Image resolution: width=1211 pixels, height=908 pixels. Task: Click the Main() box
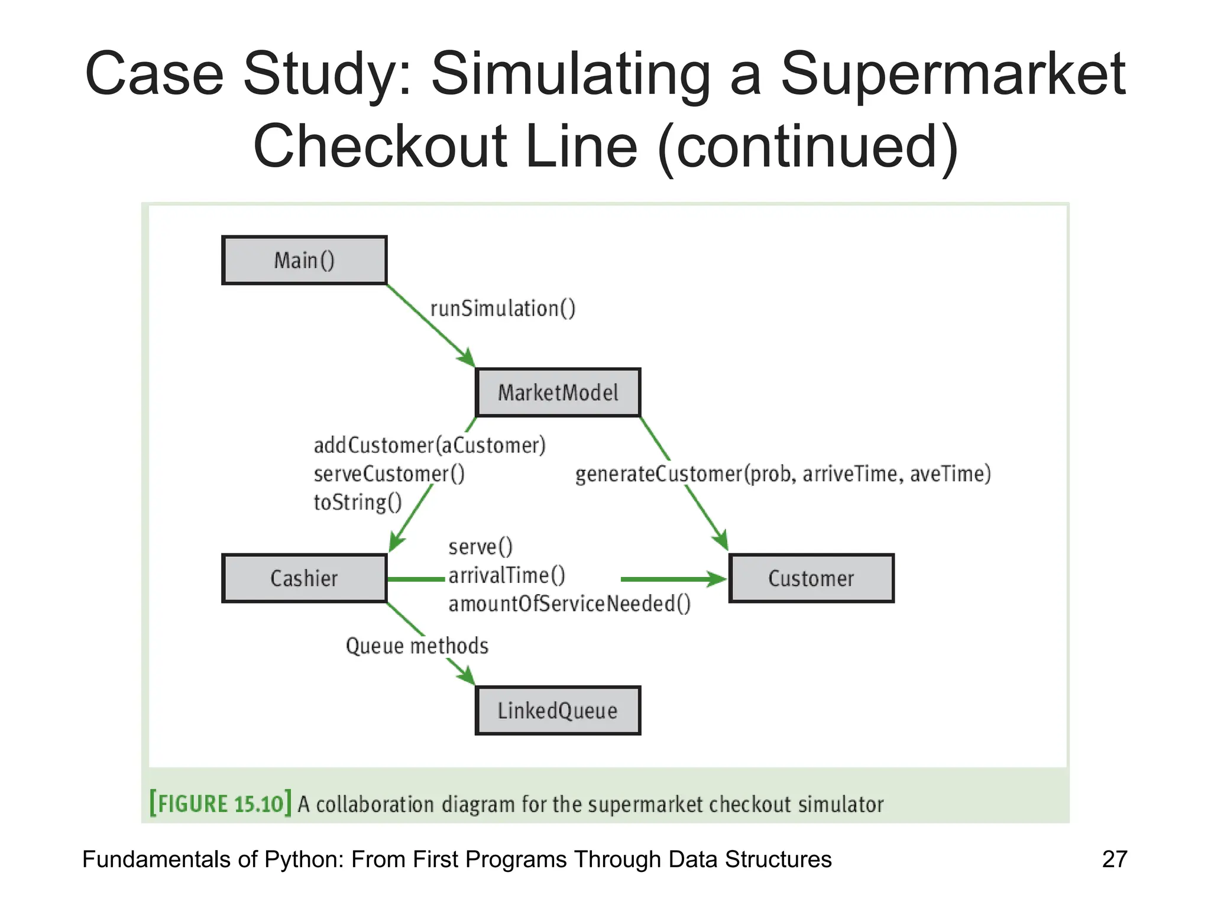(x=304, y=260)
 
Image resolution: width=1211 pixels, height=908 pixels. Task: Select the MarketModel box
(x=558, y=393)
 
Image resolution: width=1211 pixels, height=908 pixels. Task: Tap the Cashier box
(x=304, y=578)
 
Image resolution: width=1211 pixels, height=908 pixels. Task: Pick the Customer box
(x=811, y=578)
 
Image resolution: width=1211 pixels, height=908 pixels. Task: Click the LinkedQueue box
(x=558, y=711)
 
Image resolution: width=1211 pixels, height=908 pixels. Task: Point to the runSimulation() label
(x=503, y=309)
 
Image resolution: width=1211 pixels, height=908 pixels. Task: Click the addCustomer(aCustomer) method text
(x=429, y=445)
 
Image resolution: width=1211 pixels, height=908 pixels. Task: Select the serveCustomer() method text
(x=389, y=474)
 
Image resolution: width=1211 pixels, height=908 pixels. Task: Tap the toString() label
(x=358, y=502)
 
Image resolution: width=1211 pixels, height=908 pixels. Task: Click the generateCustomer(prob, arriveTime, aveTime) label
(x=782, y=474)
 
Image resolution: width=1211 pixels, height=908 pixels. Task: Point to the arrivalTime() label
(x=507, y=575)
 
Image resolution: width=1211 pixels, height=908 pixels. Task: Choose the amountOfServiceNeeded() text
(x=569, y=604)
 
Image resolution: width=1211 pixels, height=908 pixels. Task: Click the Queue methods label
(x=417, y=646)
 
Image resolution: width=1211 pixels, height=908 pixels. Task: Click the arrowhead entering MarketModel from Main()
(x=467, y=358)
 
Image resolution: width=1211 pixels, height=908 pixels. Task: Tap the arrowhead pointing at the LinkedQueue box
(x=467, y=676)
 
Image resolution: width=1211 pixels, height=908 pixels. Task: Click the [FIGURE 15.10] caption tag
(x=220, y=803)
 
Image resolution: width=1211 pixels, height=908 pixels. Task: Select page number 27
(x=1115, y=859)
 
